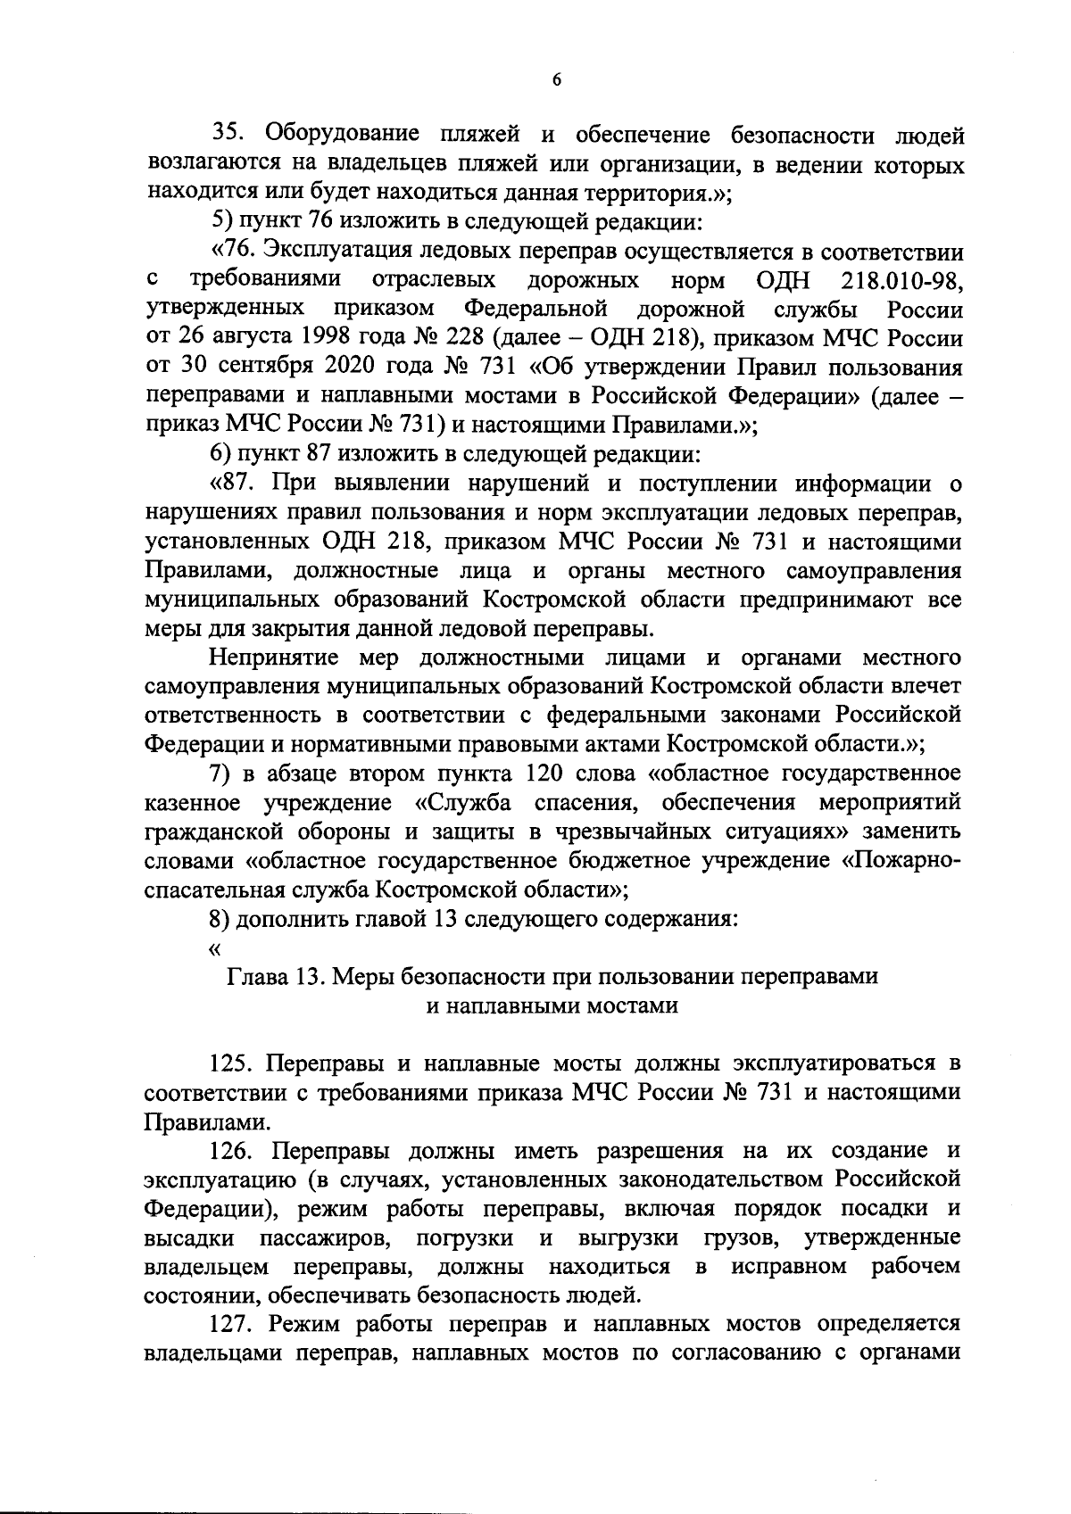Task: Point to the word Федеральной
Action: click(536, 310)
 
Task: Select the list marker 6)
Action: click(221, 454)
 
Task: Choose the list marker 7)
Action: click(221, 774)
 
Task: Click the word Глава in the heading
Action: click(258, 976)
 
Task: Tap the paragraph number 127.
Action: click(234, 1325)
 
